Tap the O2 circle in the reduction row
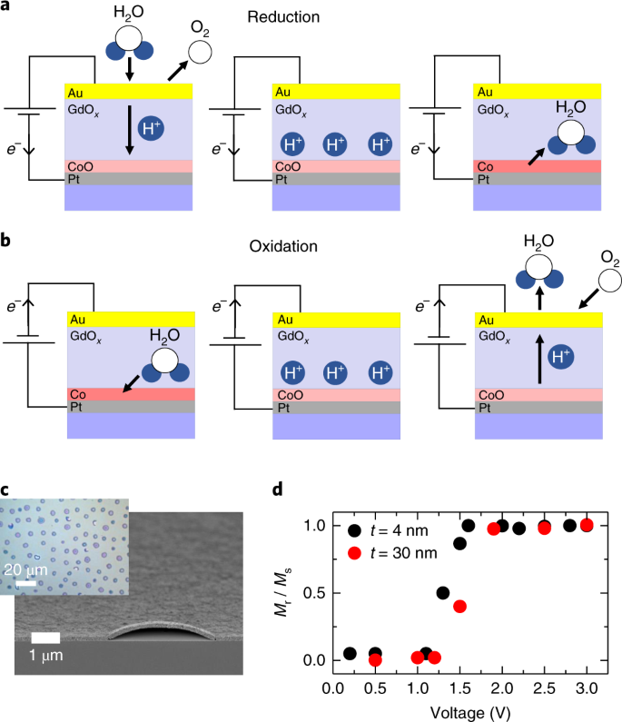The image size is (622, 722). coord(202,53)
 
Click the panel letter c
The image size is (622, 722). coord(5,491)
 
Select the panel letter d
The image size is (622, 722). coord(279,491)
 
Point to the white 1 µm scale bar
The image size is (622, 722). coord(44,638)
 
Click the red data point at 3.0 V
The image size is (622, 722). coord(587,525)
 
